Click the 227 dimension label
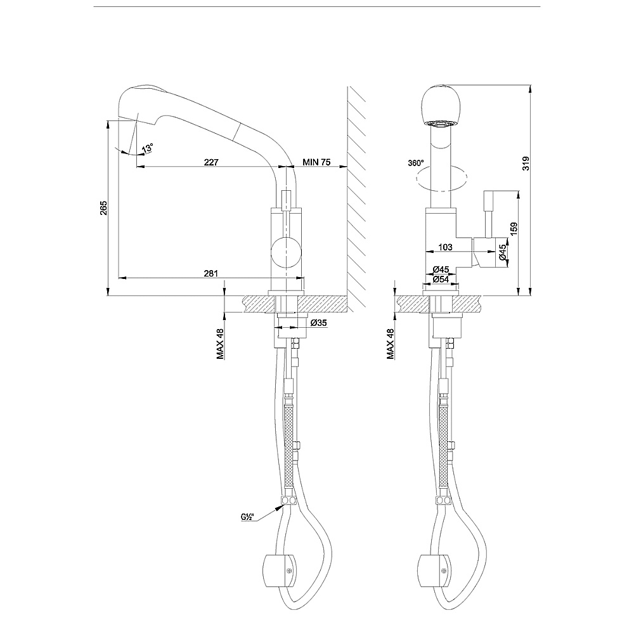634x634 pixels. click(211, 162)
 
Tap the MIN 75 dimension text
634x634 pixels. click(316, 162)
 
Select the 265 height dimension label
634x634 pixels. click(104, 208)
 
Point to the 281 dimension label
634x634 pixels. click(210, 273)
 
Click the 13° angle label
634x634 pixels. click(148, 148)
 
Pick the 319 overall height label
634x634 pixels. click(525, 163)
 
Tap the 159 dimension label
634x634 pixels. click(514, 230)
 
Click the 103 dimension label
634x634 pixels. click(445, 247)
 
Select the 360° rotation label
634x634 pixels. click(416, 163)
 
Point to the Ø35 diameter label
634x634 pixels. click(319, 323)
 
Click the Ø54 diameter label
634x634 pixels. click(441, 279)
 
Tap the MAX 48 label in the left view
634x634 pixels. click(221, 344)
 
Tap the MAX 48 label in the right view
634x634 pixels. click(390, 344)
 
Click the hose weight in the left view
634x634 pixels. click(280, 571)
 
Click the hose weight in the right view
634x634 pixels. click(434, 571)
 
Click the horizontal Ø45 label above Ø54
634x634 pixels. click(441, 269)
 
